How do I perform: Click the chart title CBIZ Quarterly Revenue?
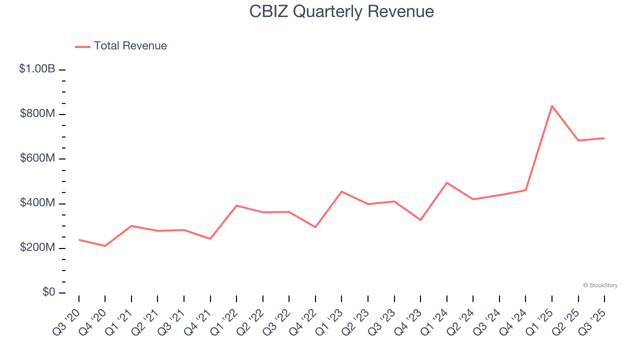point(341,11)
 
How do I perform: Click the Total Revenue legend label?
point(130,46)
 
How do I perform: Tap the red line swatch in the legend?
point(82,46)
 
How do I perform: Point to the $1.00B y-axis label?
point(37,69)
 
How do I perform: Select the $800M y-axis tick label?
point(37,114)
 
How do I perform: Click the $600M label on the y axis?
point(37,158)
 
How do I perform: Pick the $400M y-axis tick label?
point(37,203)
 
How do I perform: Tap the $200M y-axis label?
point(37,248)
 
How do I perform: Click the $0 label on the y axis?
point(48,292)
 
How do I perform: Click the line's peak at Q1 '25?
point(552,105)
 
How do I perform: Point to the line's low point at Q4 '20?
point(105,246)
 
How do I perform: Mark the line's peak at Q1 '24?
point(446,182)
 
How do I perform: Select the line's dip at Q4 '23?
point(420,220)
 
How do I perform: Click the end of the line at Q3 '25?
point(604,138)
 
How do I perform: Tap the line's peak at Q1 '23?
point(341,191)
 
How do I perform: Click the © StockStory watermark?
point(600,285)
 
